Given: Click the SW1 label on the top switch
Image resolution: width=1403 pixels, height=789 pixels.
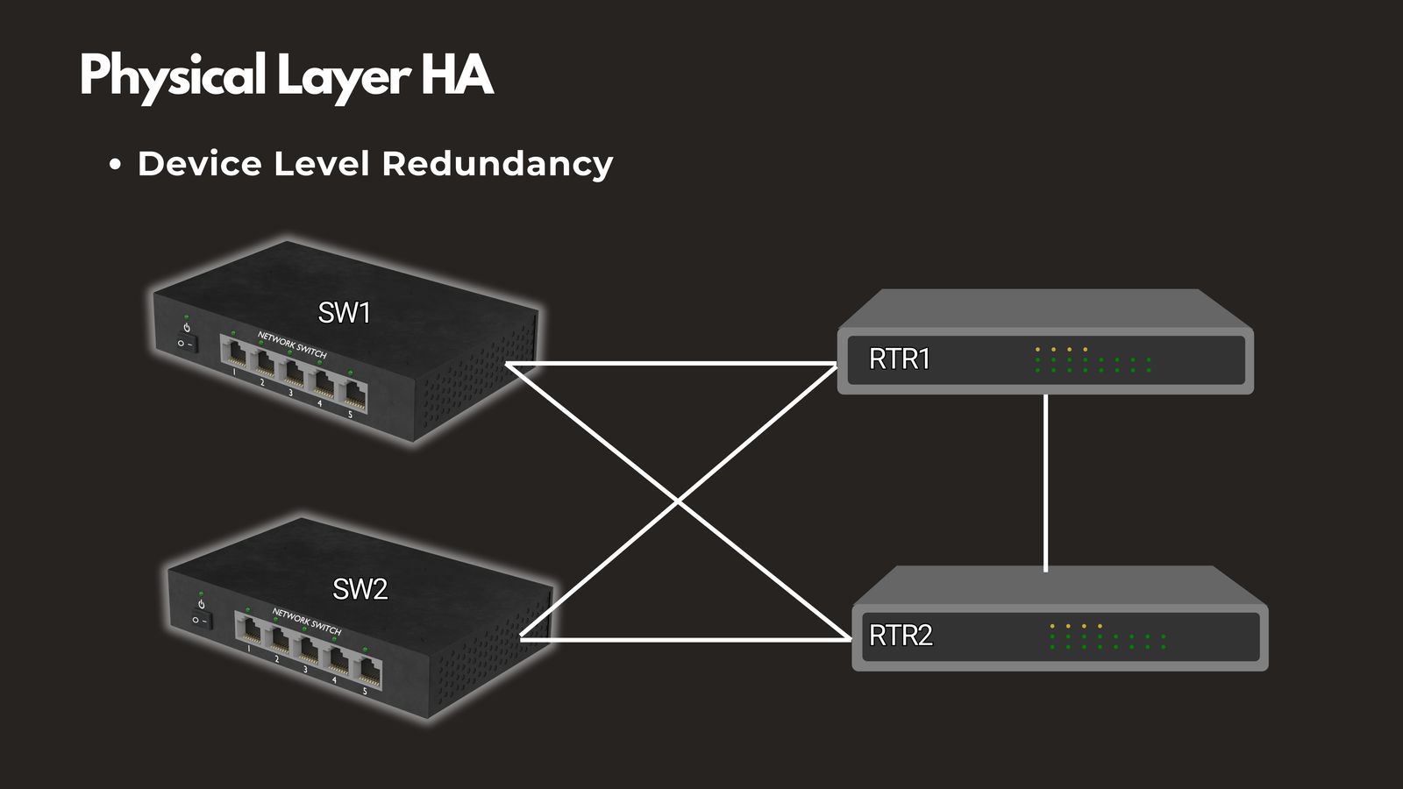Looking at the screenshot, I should tap(344, 313).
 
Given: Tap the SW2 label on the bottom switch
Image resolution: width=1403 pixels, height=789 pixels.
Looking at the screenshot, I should tap(360, 589).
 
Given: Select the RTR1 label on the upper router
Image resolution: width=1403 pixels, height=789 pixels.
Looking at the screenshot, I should tap(899, 359).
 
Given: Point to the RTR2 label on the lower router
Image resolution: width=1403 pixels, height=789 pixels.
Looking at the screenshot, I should tap(901, 635).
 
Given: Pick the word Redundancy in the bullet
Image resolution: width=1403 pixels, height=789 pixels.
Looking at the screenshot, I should tap(497, 164).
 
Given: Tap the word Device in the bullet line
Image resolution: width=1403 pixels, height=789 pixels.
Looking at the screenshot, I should tap(199, 164).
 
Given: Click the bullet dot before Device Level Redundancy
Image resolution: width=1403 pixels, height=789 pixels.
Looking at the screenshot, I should tap(115, 165).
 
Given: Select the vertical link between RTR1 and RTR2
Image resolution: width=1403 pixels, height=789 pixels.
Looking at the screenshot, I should tap(1045, 482).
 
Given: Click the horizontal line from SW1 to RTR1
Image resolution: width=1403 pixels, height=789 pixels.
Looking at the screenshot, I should tap(671, 363).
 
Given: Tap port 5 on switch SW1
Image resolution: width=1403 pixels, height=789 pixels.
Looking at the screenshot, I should tap(354, 395).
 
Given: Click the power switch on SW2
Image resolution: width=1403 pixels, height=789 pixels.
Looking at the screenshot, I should tap(202, 621).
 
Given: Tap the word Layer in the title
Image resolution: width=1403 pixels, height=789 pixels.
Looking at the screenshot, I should tap(344, 76).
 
